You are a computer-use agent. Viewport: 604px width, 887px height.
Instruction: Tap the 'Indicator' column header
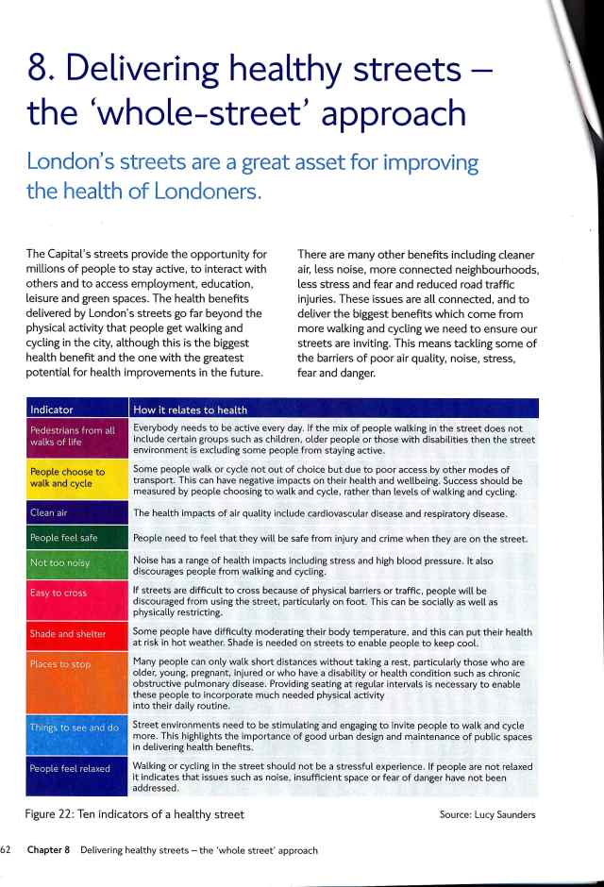pos(53,410)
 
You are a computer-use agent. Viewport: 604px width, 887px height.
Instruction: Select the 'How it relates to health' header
pos(191,410)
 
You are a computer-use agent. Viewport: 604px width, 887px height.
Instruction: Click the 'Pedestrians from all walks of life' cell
pos(74,439)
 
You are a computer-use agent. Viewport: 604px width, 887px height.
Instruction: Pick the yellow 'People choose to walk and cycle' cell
pos(74,478)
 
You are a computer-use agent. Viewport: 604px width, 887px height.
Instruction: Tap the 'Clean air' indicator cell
pos(74,513)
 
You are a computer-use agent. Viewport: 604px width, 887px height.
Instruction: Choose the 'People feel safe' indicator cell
pos(74,538)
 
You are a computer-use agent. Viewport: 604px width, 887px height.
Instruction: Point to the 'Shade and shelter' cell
pos(74,634)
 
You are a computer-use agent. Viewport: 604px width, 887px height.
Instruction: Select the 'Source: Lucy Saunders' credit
pos(487,813)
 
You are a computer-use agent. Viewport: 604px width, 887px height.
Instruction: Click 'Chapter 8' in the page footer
pos(51,850)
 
